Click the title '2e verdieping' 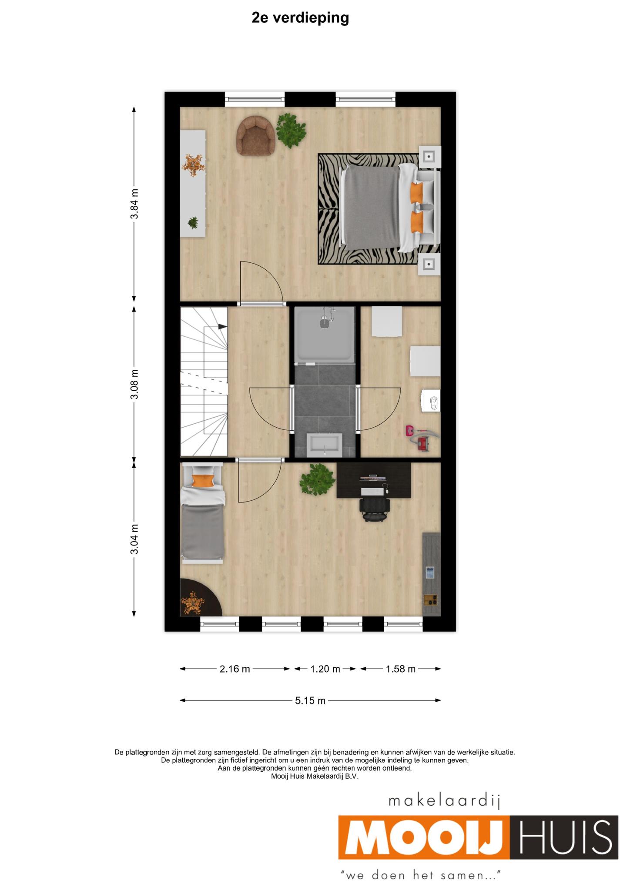point(300,18)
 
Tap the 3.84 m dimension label point(135,204)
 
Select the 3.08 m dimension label point(135,384)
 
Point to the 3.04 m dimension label point(135,539)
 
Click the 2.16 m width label point(235,669)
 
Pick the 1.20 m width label point(325,669)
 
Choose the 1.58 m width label point(401,669)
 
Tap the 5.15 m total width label point(310,700)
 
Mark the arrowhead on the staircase point(222,326)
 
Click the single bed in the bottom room point(203,513)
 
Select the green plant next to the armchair point(291,130)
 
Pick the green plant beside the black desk point(317,479)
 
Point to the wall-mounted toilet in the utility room point(431,400)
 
